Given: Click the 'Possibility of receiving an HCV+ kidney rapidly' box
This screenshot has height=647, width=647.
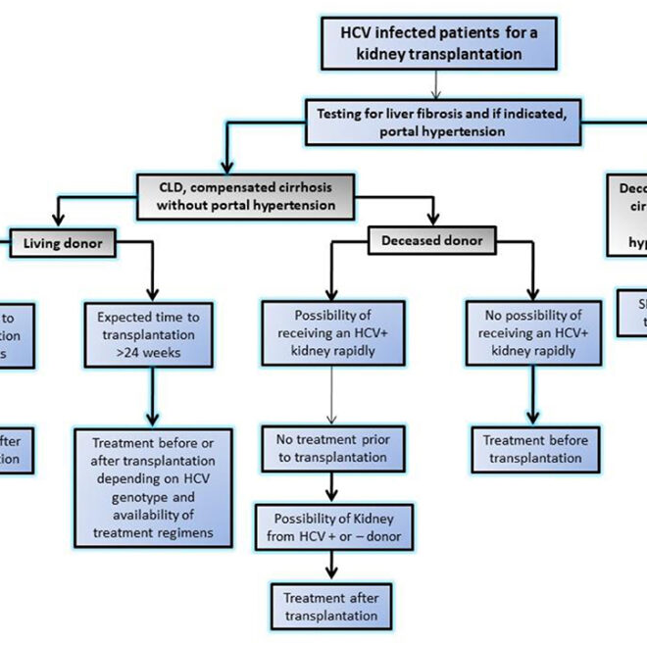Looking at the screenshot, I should click(x=332, y=334).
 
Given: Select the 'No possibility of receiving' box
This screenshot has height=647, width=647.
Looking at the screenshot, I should click(x=532, y=334).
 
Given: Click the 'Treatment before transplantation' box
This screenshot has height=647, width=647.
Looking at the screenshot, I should click(x=534, y=449).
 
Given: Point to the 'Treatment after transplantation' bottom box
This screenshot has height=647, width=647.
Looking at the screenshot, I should click(x=330, y=606).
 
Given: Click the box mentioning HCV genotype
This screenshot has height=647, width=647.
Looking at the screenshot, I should click(x=153, y=487).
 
